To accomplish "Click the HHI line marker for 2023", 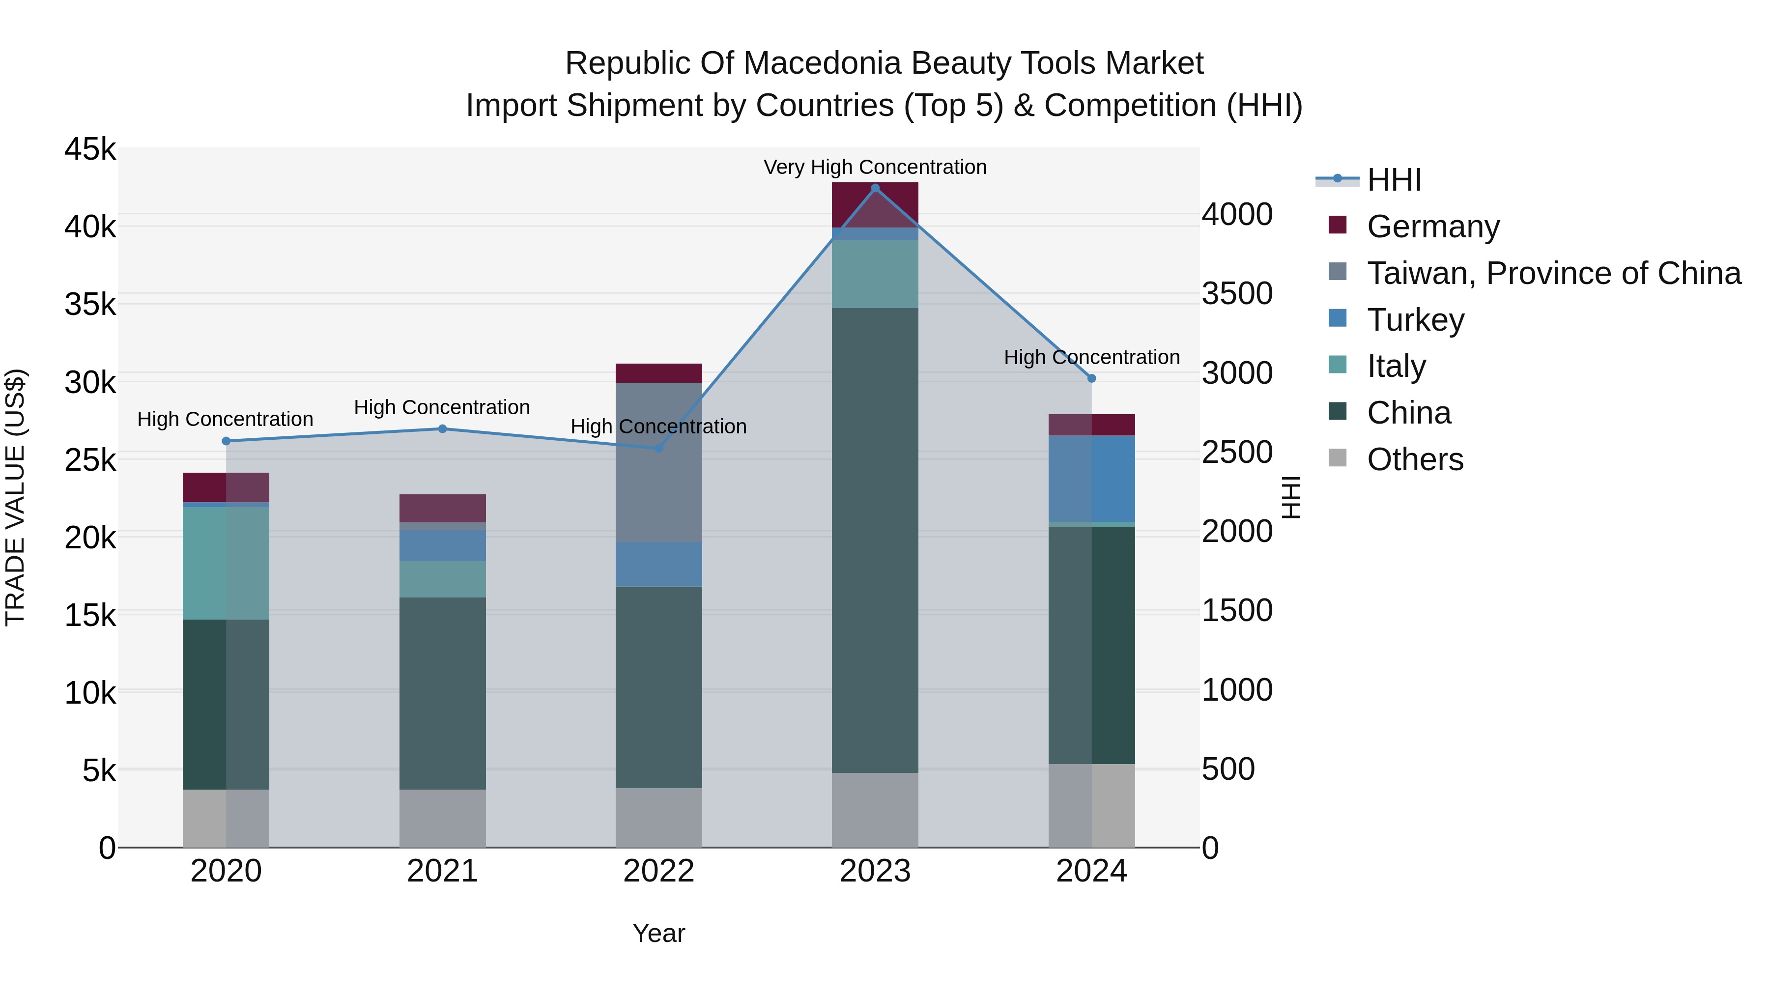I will pyautogui.click(x=875, y=188).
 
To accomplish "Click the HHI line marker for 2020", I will pyautogui.click(x=226, y=441).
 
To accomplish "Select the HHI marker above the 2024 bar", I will pyautogui.click(x=1091, y=378).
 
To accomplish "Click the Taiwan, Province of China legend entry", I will pyautogui.click(x=1553, y=273).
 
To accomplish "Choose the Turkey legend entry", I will pyautogui.click(x=1415, y=320).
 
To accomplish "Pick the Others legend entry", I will pyautogui.click(x=1415, y=459).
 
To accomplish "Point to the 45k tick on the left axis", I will pyautogui.click(x=90, y=149).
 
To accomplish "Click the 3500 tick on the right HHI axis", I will pyautogui.click(x=1237, y=293).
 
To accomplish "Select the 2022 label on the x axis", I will pyautogui.click(x=658, y=871).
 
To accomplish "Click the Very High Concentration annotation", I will pyautogui.click(x=875, y=167).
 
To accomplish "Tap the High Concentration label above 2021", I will pyautogui.click(x=442, y=407).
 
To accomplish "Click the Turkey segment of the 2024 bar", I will pyautogui.click(x=1091, y=479).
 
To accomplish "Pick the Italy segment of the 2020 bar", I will pyautogui.click(x=226, y=563).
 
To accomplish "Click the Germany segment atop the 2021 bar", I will pyautogui.click(x=442, y=508).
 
